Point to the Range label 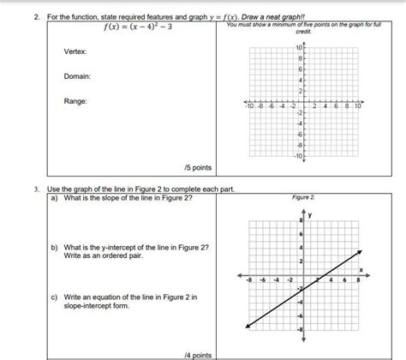coord(75,101)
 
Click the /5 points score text coord(197,167)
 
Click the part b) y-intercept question coord(128,251)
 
